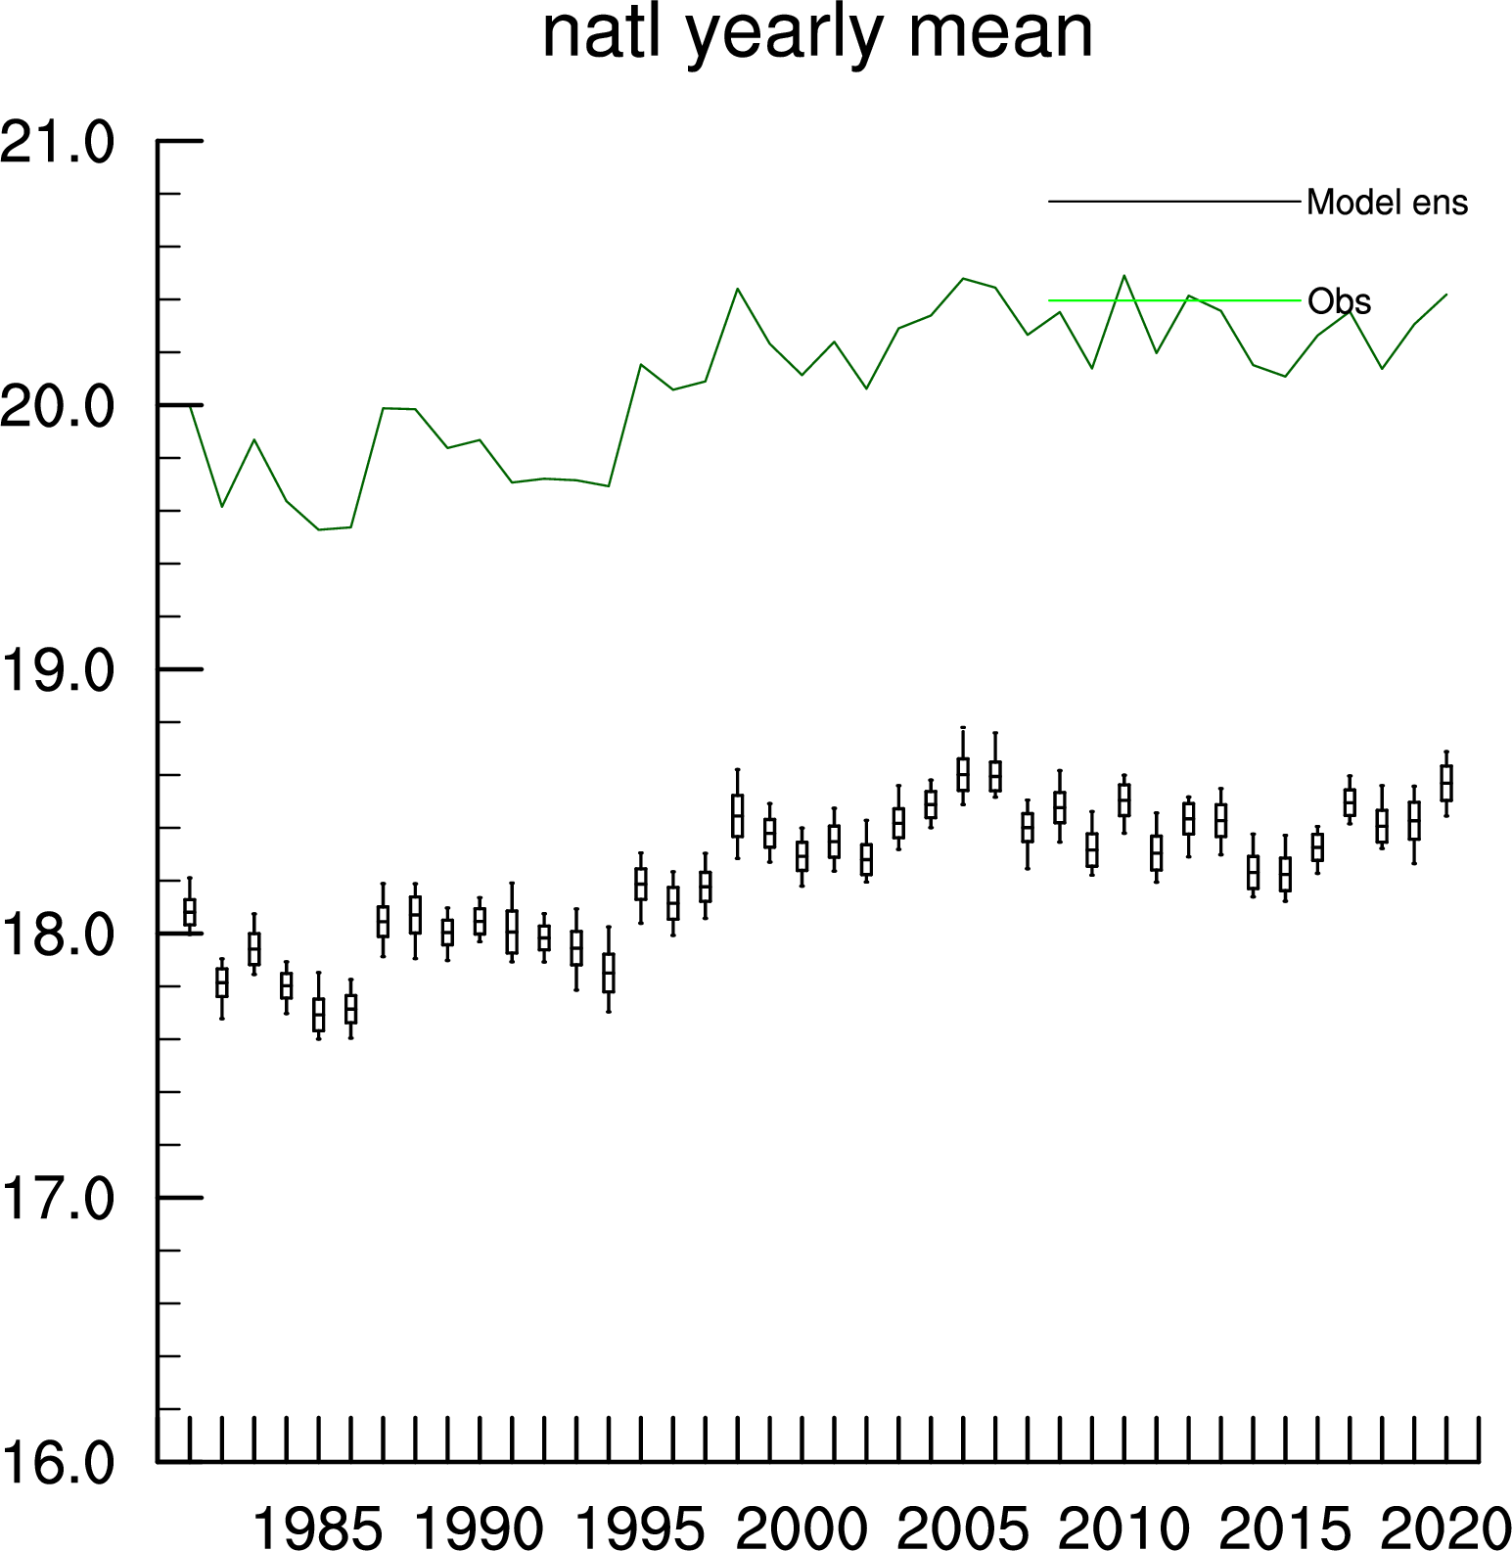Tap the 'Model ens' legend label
[x=1387, y=203]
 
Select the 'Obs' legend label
[x=1339, y=301]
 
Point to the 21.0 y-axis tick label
[x=58, y=143]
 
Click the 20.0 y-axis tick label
[x=58, y=407]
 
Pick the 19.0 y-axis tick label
[x=58, y=671]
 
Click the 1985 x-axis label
[x=318, y=1528]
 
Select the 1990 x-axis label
[x=480, y=1528]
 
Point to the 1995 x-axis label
[x=640, y=1528]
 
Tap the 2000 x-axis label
[x=802, y=1528]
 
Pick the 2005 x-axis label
[x=963, y=1528]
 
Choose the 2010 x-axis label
[x=1123, y=1528]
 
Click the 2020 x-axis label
[x=1446, y=1528]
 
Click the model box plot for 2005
[x=963, y=773]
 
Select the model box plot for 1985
[x=318, y=1013]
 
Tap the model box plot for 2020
[x=1446, y=783]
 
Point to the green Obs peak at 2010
[x=1123, y=276]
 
